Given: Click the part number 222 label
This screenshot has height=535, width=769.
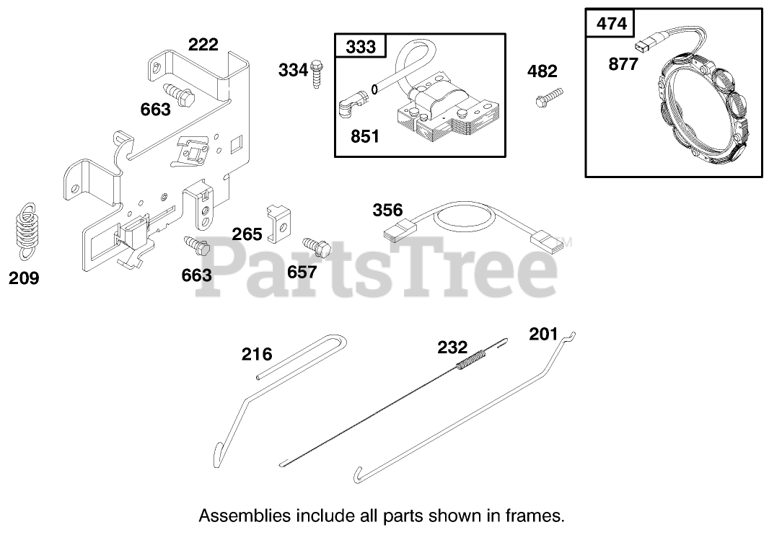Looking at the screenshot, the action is coord(203,45).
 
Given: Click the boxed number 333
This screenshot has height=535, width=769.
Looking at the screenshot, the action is coord(361,47).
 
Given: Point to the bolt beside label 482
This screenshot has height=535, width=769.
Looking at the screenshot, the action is coord(548,97).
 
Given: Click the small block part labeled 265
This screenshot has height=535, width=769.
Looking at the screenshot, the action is coord(278,223).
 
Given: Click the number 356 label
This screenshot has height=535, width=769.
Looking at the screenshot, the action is coord(387,211).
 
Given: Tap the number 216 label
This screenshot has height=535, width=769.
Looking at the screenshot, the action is coord(257,354).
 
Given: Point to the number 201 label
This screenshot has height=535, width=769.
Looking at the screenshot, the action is coord(543,334).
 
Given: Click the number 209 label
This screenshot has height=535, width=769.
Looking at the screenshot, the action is coord(24,278).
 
